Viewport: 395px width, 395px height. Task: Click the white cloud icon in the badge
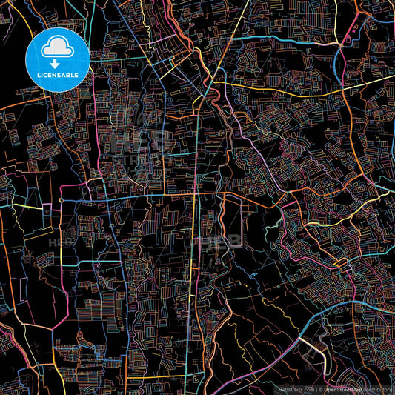(x=56, y=48)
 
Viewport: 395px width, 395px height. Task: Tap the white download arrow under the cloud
(x=56, y=63)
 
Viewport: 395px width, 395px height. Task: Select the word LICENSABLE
(x=56, y=76)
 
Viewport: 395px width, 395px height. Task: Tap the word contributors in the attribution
(x=377, y=388)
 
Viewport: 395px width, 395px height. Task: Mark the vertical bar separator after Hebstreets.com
(x=317, y=388)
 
